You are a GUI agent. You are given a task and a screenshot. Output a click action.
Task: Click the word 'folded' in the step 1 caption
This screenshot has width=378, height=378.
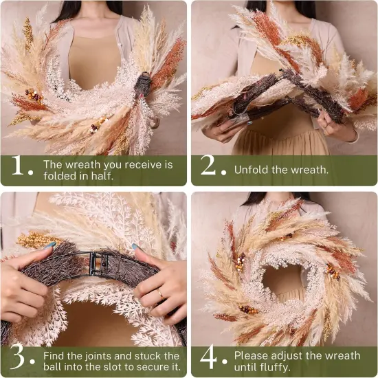(x=60, y=176)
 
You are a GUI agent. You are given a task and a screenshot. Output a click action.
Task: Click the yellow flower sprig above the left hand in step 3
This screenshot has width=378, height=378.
(x=38, y=240)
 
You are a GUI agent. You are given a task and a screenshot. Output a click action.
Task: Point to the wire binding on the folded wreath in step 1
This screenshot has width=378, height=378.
(x=142, y=86)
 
